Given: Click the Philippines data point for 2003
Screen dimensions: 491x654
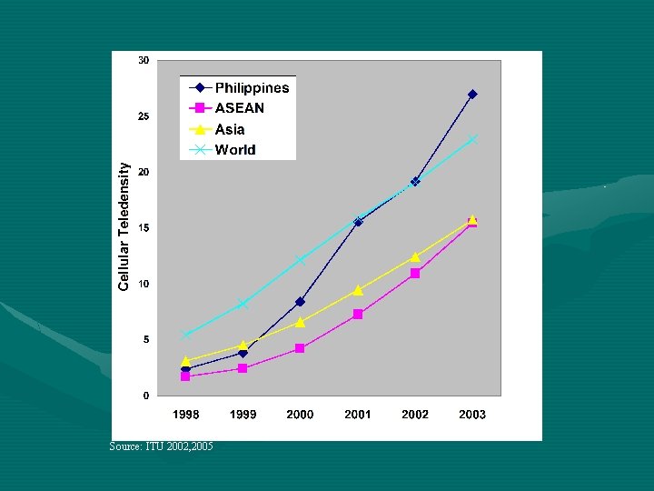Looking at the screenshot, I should (x=472, y=95).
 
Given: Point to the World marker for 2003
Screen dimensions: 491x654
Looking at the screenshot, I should (x=472, y=140).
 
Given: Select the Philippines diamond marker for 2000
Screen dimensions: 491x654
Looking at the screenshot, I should (x=300, y=302).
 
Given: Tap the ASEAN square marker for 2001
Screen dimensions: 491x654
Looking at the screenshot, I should (x=358, y=315).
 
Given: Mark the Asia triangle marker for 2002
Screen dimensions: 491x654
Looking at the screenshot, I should (x=415, y=257).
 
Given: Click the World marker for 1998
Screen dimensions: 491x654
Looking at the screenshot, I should (x=185, y=335).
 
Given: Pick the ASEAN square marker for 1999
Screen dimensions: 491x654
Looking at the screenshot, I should (x=243, y=368).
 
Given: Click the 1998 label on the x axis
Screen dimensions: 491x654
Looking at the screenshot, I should (x=185, y=415).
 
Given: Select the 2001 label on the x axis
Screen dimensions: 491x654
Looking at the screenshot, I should (x=358, y=415).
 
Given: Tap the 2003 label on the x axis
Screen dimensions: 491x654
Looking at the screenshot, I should (x=472, y=415).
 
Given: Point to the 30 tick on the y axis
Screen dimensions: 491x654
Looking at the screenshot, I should (x=144, y=61).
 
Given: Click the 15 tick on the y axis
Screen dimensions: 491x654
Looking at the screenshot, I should (x=144, y=228).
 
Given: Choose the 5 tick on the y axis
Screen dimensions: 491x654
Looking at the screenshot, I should (x=145, y=340).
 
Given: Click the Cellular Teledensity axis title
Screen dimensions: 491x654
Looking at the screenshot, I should (x=124, y=227).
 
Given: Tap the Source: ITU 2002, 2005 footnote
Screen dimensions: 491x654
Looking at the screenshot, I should (x=161, y=446).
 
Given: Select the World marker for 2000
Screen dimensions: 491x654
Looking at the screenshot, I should (x=300, y=260).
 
